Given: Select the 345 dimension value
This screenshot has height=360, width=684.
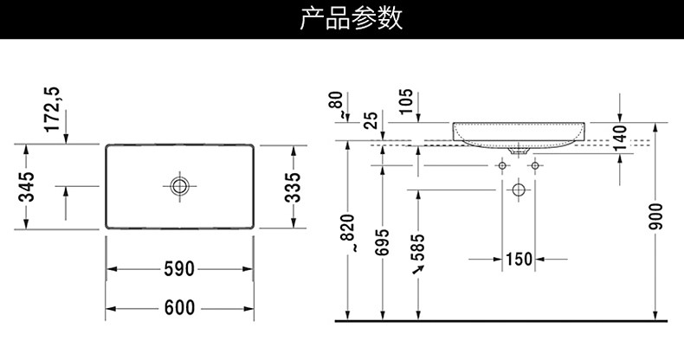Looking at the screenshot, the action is coord(27,185).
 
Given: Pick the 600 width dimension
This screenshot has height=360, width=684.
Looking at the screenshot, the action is coord(179,307).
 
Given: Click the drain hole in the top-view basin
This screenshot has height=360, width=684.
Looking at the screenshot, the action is coord(179,185).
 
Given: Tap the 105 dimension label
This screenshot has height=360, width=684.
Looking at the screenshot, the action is coord(408,104).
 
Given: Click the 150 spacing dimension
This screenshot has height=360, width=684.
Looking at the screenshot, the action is coord(518,259).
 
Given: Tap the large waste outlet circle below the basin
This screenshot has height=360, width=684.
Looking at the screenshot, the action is coord(519,190).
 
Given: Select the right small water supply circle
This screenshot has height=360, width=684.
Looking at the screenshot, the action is coord(535,164).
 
